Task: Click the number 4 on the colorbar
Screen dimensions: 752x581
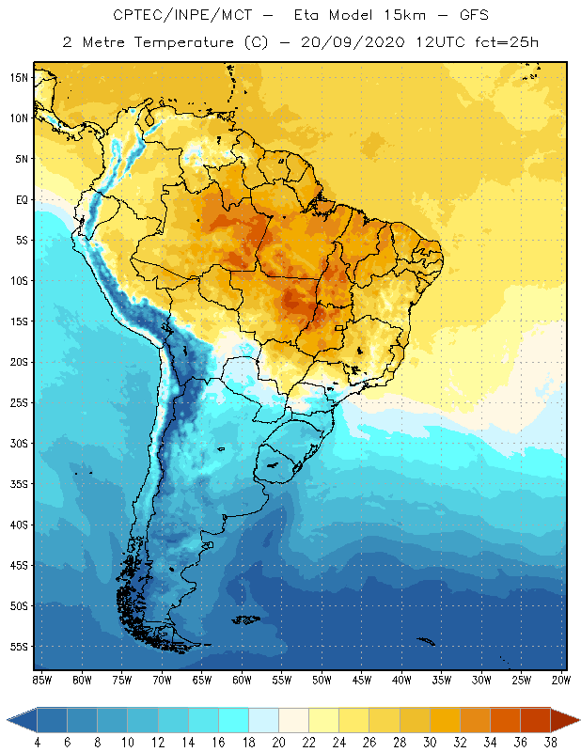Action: (x=37, y=742)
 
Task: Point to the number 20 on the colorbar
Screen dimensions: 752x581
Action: (x=278, y=742)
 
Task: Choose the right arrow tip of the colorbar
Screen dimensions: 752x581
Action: (x=576, y=720)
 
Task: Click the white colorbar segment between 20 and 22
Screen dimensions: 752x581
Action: (x=293, y=720)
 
